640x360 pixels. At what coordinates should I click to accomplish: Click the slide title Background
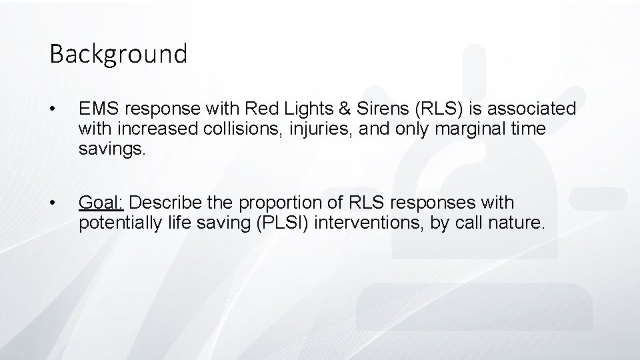(x=118, y=53)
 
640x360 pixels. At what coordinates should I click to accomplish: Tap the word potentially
(x=116, y=222)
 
